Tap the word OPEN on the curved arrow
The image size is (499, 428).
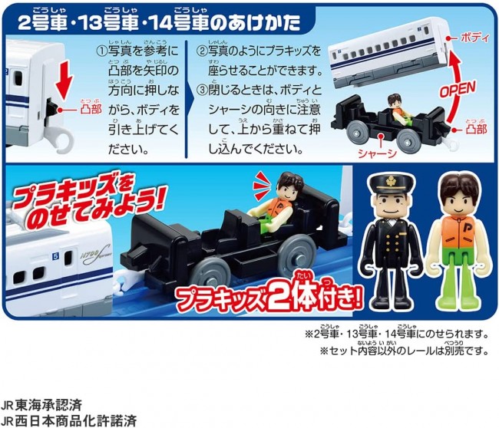tap(458, 89)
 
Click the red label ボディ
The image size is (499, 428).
tap(474, 38)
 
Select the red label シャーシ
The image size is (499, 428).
tap(377, 153)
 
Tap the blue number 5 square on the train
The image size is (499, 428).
tap(56, 256)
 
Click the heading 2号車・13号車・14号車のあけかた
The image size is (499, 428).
tap(159, 23)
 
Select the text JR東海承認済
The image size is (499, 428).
tap(41, 405)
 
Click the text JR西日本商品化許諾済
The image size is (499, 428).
tap(69, 421)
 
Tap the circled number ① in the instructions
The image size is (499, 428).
tap(102, 51)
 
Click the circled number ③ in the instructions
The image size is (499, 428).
tap(202, 91)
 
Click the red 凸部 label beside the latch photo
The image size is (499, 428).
tap(91, 110)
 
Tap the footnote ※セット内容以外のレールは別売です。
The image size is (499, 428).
tap(404, 351)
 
